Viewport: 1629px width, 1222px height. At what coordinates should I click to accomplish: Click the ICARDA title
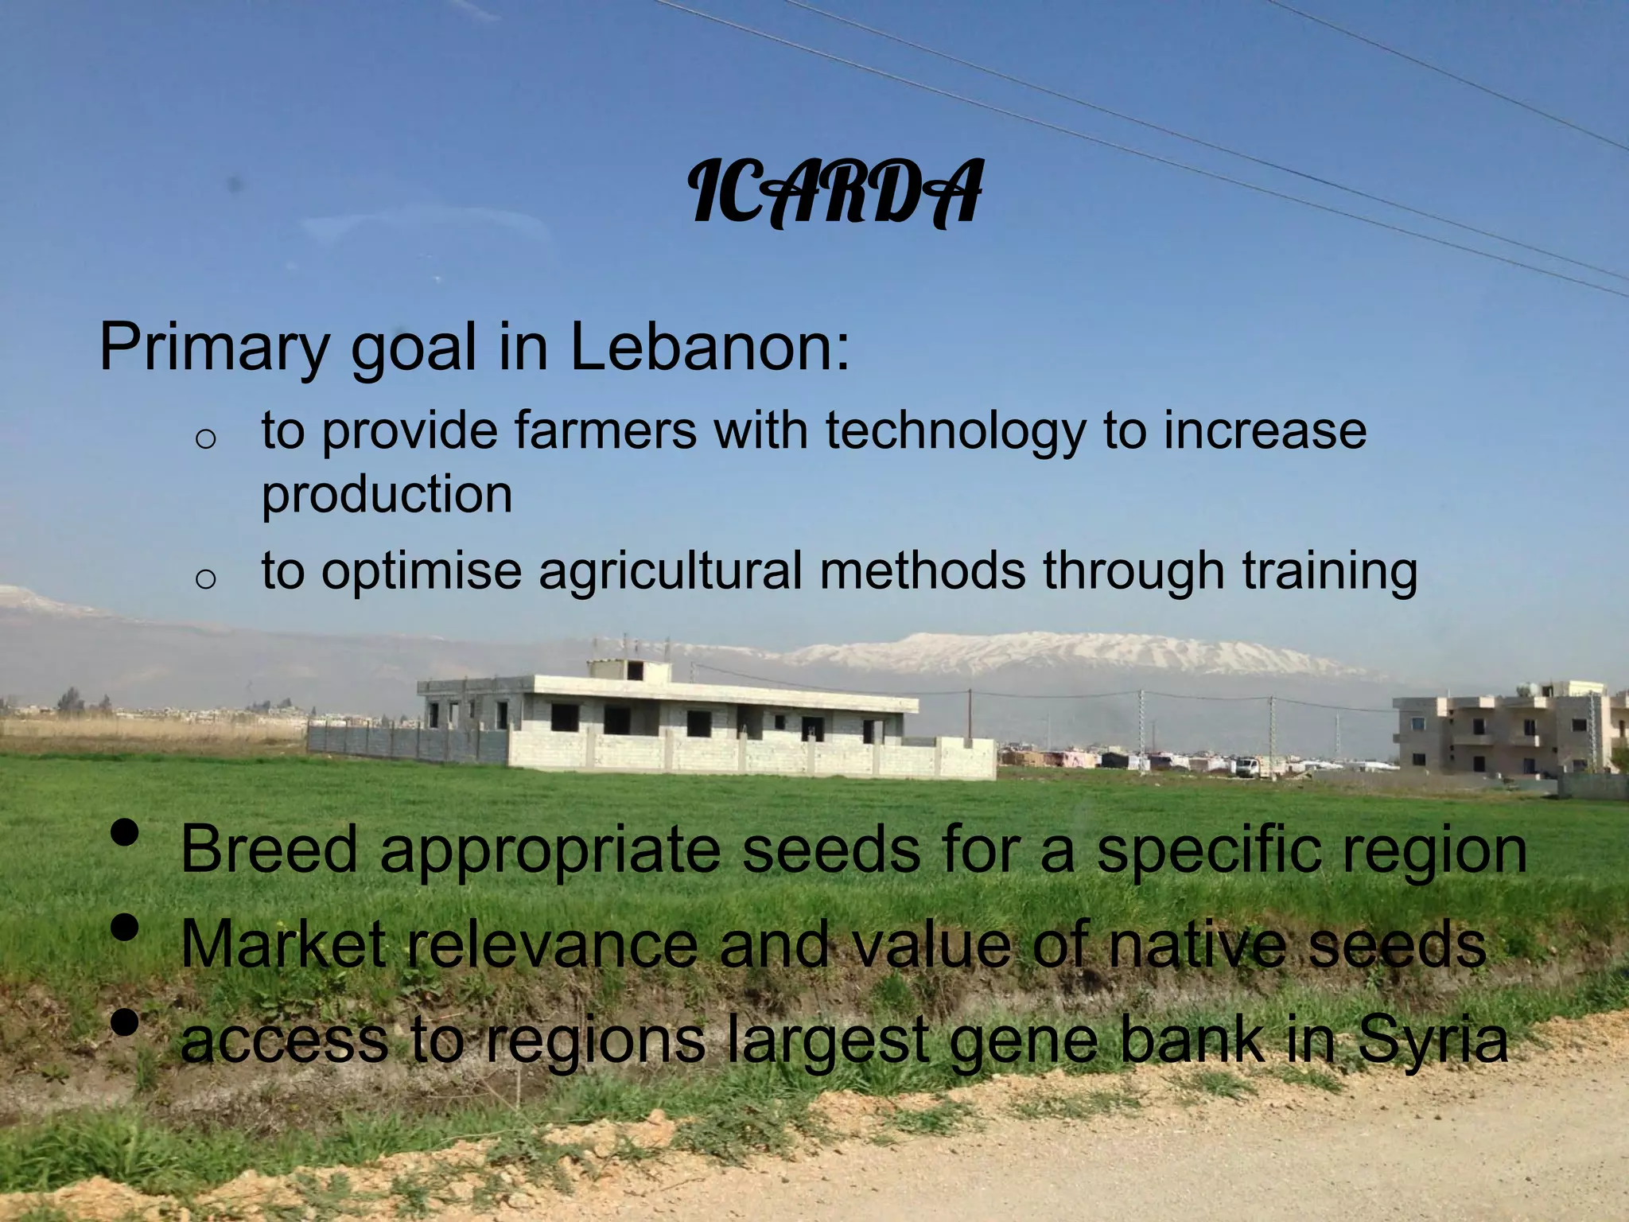[835, 193]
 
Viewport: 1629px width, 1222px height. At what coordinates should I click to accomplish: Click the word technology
[954, 432]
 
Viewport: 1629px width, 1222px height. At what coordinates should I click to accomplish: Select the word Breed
[269, 850]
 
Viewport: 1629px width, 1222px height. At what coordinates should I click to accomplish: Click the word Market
[283, 944]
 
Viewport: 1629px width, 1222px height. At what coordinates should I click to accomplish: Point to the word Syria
[1433, 1041]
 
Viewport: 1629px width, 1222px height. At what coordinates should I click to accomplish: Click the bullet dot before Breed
[125, 833]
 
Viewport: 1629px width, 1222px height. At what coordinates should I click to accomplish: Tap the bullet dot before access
[125, 1022]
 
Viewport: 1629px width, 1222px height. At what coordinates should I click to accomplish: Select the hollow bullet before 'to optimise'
[205, 578]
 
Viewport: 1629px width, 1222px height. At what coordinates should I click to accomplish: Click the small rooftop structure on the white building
[628, 669]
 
